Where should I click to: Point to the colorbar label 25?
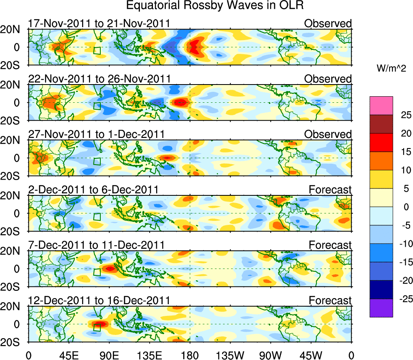(x=405, y=115)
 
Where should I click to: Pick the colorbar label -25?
(x=404, y=299)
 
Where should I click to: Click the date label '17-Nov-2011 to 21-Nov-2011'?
(x=99, y=23)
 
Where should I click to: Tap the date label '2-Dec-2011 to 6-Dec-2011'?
(x=93, y=189)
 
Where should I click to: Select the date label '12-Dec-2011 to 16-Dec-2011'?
(x=99, y=301)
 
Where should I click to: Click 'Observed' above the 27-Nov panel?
(x=328, y=134)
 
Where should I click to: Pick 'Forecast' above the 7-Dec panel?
(x=330, y=245)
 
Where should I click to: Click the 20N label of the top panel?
(x=13, y=30)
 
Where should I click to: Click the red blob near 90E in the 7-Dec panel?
(x=110, y=268)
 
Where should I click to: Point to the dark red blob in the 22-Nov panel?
(x=180, y=103)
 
